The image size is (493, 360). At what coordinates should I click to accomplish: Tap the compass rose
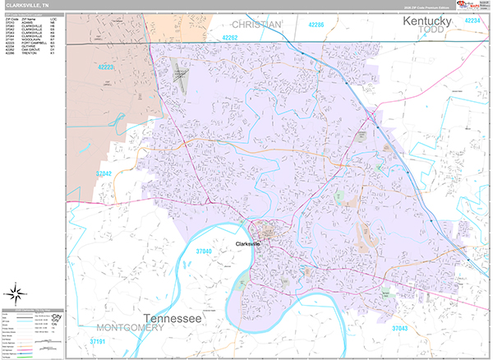click(x=16, y=293)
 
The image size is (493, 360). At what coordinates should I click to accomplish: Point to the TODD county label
click(x=430, y=30)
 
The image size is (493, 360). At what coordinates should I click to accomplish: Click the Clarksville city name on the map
click(x=246, y=244)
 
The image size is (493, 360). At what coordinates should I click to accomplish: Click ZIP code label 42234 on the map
click(x=472, y=20)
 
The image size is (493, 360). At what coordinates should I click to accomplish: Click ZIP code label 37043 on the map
click(x=400, y=328)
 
